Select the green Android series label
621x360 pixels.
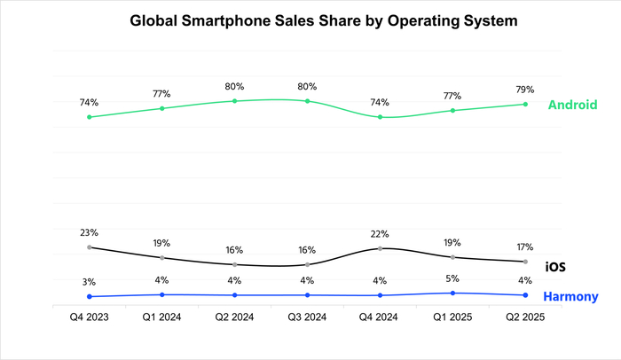[x=571, y=105]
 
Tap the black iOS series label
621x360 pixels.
[x=555, y=266]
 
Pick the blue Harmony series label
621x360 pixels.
[x=570, y=297]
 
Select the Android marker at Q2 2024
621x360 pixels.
[x=234, y=101]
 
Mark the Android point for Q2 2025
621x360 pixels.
[x=525, y=104]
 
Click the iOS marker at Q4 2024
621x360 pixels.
[x=380, y=248]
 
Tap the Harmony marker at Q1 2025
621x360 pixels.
[x=452, y=293]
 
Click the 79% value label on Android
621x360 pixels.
[x=525, y=89]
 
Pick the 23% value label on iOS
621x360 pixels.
[x=89, y=232]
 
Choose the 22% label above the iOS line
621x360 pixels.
[x=380, y=233]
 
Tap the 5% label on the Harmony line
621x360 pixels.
[x=452, y=278]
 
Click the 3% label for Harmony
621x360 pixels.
[x=89, y=282]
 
